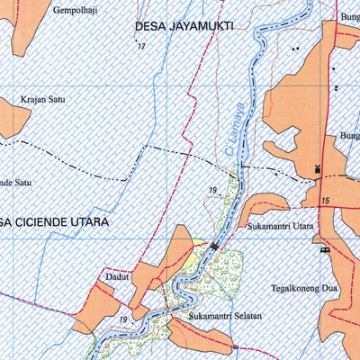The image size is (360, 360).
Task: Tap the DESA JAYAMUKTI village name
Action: tap(184, 27)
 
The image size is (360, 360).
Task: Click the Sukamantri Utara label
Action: tap(279, 228)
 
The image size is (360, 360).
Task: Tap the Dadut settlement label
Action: tap(119, 277)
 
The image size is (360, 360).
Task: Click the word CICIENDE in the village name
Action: tap(46, 220)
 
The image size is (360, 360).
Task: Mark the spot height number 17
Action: tap(141, 46)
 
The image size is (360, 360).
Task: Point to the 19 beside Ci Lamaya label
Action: tap(212, 190)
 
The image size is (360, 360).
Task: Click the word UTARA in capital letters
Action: tap(93, 220)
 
